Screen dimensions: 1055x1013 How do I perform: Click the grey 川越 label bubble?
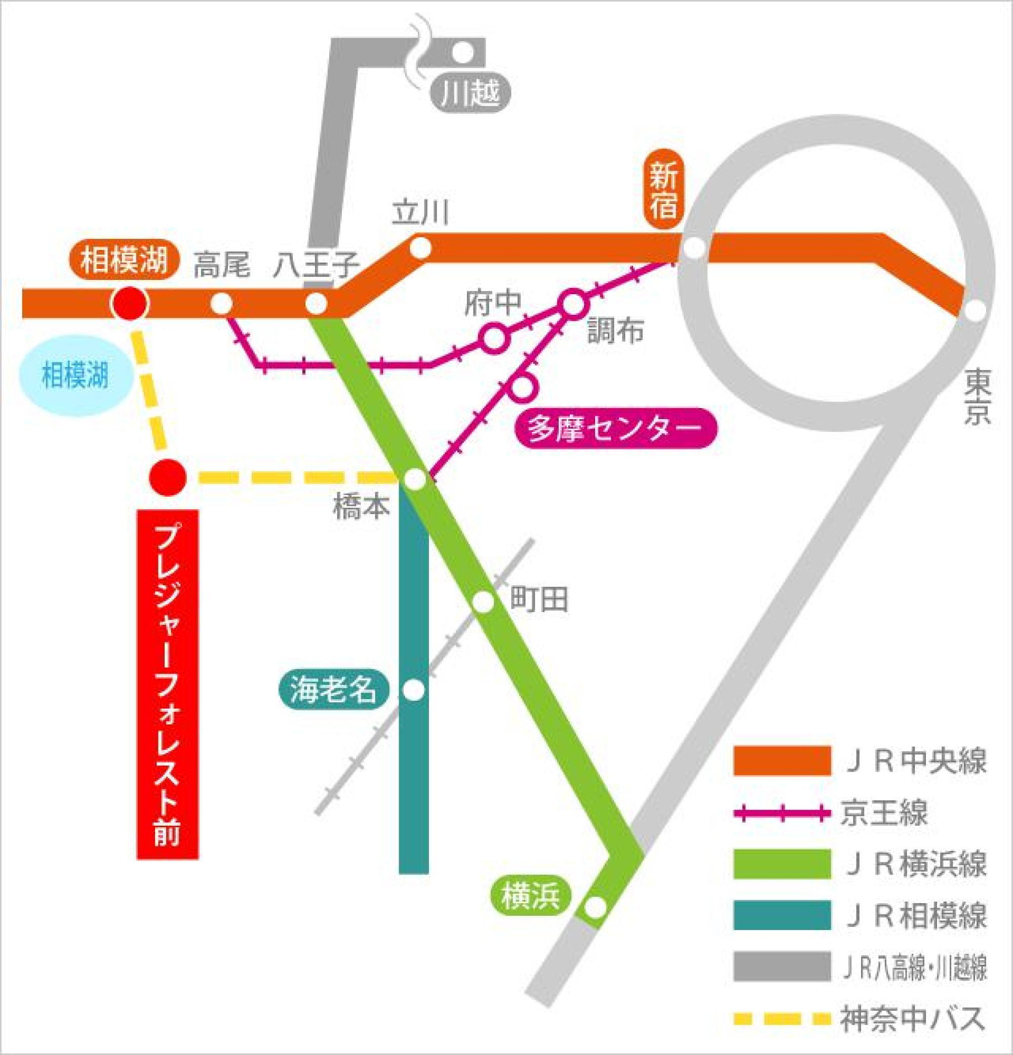pyautogui.click(x=470, y=93)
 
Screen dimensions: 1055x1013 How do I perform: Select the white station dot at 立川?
pyautogui.click(x=420, y=248)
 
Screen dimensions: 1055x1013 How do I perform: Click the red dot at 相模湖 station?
pyautogui.click(x=129, y=303)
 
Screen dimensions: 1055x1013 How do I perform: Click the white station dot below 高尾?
pyautogui.click(x=221, y=304)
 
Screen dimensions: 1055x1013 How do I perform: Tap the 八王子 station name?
pyautogui.click(x=316, y=265)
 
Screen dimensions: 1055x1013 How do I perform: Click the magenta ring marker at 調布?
pyautogui.click(x=573, y=304)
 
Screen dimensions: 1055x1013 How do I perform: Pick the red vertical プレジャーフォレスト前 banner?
pyautogui.click(x=168, y=684)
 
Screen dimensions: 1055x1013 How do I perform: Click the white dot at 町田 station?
pyautogui.click(x=483, y=602)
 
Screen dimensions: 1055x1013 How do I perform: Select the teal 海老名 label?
pyautogui.click(x=333, y=690)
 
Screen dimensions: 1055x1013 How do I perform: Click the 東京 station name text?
pyautogui.click(x=977, y=397)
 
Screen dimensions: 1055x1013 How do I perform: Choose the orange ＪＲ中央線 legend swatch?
pyautogui.click(x=782, y=760)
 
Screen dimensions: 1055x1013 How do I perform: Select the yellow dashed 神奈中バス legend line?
pyautogui.click(x=782, y=1019)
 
